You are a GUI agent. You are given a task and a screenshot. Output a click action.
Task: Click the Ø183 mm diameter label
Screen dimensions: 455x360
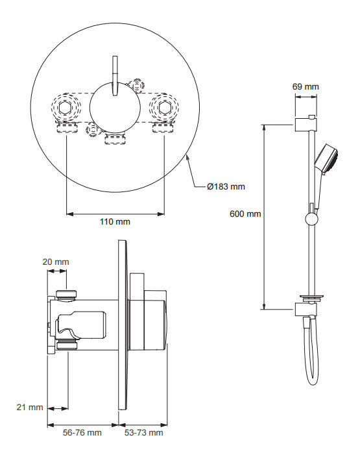tap(226, 187)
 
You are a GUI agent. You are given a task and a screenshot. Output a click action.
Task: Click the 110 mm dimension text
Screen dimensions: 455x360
tap(115, 222)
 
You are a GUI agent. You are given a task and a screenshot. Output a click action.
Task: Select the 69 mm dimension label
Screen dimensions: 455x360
tap(306, 85)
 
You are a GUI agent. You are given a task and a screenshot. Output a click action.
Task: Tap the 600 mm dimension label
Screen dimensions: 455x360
tap(245, 214)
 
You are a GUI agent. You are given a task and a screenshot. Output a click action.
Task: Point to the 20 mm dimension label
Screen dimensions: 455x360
tap(56, 262)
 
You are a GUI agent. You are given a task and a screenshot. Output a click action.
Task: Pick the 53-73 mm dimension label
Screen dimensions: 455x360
tap(144, 432)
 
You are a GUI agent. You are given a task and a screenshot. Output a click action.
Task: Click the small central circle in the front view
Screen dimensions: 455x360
tap(115, 107)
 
